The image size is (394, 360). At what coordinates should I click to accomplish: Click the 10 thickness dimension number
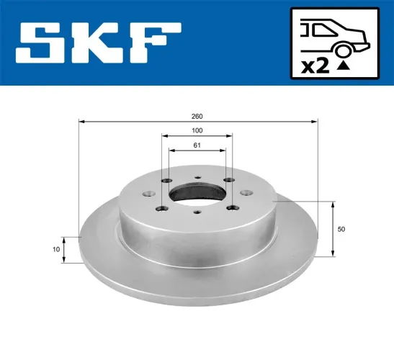(55, 249)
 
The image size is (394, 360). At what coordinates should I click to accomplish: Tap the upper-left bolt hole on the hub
(166, 180)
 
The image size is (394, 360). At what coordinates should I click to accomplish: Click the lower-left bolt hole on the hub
(161, 209)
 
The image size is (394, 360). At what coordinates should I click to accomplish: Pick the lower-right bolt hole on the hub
(232, 208)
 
